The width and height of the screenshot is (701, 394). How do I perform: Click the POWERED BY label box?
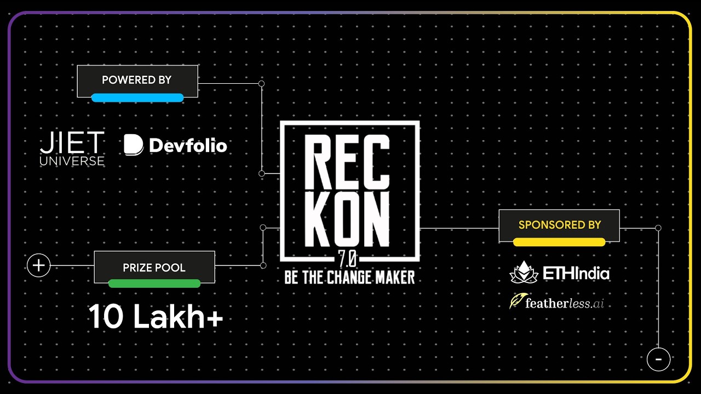tap(137, 80)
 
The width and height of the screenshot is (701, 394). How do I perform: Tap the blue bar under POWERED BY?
tap(137, 98)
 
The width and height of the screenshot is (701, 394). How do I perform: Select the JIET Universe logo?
tap(72, 148)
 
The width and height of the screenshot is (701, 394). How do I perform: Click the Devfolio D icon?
tap(133, 145)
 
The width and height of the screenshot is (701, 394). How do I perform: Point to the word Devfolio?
tap(188, 146)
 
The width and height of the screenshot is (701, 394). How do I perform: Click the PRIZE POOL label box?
tap(154, 267)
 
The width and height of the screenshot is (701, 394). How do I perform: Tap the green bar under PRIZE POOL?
tap(154, 283)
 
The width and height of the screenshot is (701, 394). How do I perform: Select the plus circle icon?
tap(39, 266)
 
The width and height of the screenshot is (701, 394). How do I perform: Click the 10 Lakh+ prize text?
tap(156, 317)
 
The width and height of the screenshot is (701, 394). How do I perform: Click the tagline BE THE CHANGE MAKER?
tap(349, 277)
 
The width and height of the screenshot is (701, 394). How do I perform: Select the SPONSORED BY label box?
tap(559, 224)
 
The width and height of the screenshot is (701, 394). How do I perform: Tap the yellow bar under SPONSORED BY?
tap(559, 242)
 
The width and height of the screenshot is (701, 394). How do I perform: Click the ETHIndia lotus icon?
tap(524, 273)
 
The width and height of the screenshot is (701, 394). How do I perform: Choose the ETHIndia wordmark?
tap(576, 274)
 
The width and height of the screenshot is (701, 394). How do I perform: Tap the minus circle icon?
tap(658, 360)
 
